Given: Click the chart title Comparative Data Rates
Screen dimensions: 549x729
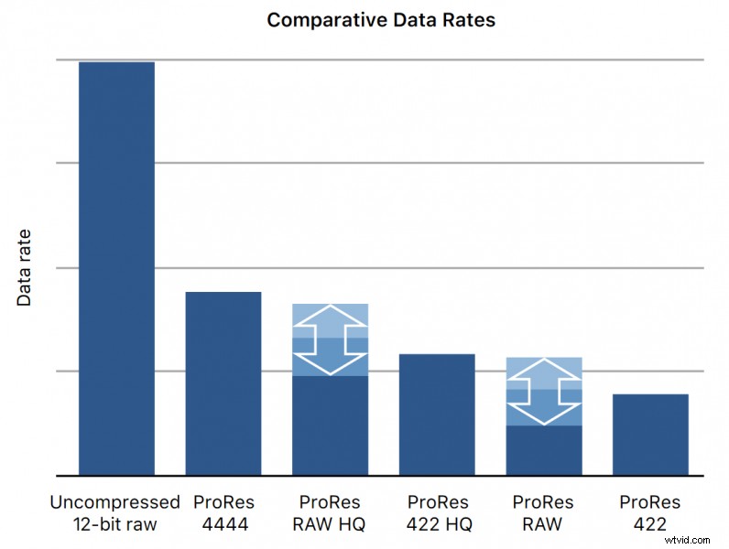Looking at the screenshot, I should [380, 19].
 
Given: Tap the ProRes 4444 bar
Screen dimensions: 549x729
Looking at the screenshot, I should [223, 383].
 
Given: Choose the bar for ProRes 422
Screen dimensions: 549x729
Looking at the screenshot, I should [650, 435].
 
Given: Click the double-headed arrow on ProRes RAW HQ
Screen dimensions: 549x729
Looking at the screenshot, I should [330, 339].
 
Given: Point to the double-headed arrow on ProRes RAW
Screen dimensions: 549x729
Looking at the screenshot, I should [544, 391].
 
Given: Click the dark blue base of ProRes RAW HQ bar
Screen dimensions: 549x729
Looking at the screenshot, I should [330, 425].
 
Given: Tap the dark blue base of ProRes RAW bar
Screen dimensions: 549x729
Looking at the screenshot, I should [544, 450].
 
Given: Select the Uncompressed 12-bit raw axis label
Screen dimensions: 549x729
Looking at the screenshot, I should [115, 513].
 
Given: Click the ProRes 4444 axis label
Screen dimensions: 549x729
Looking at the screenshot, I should [223, 513].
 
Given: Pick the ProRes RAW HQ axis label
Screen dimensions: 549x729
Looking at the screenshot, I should [330, 513].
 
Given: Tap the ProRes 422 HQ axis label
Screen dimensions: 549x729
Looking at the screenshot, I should [437, 513].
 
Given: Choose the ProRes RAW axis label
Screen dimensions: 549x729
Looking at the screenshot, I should [543, 513].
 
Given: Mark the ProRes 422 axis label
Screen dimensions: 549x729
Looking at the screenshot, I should [650, 513].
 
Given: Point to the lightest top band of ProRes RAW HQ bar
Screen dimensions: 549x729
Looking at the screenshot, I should [330, 313].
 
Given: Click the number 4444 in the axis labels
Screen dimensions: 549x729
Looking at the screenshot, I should [223, 524].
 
